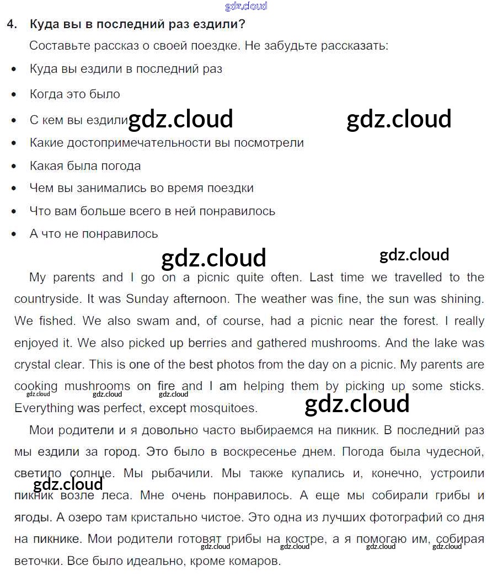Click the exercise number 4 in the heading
pos(11,24)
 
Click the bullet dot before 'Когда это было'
pos(14,95)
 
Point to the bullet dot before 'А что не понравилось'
pos(14,234)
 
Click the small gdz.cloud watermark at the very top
pos(246,7)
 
